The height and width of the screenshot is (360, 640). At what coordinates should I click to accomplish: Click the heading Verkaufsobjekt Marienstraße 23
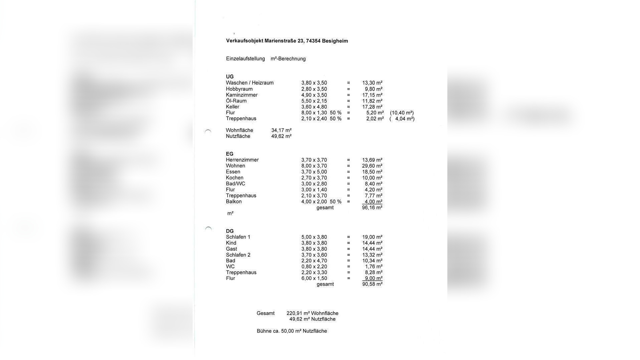[287, 41]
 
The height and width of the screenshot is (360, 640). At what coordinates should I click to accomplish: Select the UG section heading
[230, 77]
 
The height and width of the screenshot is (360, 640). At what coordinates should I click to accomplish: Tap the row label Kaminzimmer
[242, 95]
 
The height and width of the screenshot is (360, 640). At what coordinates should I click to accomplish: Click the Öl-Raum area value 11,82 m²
[372, 101]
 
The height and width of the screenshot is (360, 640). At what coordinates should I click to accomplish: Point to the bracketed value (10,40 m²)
[402, 113]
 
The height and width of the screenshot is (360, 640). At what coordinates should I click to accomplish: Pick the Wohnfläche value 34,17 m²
[281, 130]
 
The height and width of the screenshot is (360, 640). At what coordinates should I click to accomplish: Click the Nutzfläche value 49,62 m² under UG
[281, 136]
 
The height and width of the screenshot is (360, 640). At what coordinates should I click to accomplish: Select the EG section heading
[230, 154]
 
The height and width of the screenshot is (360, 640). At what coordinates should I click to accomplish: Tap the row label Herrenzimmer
[242, 160]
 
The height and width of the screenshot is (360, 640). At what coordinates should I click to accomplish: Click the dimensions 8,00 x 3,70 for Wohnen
[314, 166]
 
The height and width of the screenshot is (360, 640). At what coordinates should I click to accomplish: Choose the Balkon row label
[234, 202]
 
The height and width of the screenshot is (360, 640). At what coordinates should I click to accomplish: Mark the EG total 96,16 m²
[372, 208]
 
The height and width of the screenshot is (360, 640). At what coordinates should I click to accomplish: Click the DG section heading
[230, 231]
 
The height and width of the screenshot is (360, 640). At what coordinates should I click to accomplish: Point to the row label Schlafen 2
[238, 255]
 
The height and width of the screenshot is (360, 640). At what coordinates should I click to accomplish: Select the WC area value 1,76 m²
[374, 267]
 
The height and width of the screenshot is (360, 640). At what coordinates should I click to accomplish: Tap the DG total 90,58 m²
[372, 284]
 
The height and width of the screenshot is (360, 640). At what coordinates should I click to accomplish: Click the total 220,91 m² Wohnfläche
[312, 313]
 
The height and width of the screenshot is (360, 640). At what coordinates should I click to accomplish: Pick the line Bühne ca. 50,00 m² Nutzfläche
[292, 331]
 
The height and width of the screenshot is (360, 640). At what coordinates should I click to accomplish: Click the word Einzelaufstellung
[245, 59]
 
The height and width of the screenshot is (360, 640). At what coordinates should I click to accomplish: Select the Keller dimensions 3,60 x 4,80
[314, 107]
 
